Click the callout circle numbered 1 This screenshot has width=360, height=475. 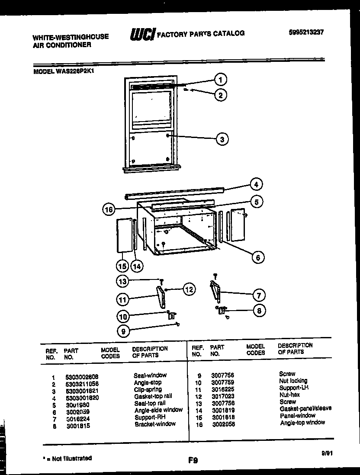[221, 80]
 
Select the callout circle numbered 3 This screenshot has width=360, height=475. [222, 139]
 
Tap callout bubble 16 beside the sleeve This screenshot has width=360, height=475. [109, 210]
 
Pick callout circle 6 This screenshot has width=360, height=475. [257, 257]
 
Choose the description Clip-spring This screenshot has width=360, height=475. [148, 390]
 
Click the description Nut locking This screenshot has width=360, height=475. [293, 381]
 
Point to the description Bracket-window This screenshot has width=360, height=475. [155, 424]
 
